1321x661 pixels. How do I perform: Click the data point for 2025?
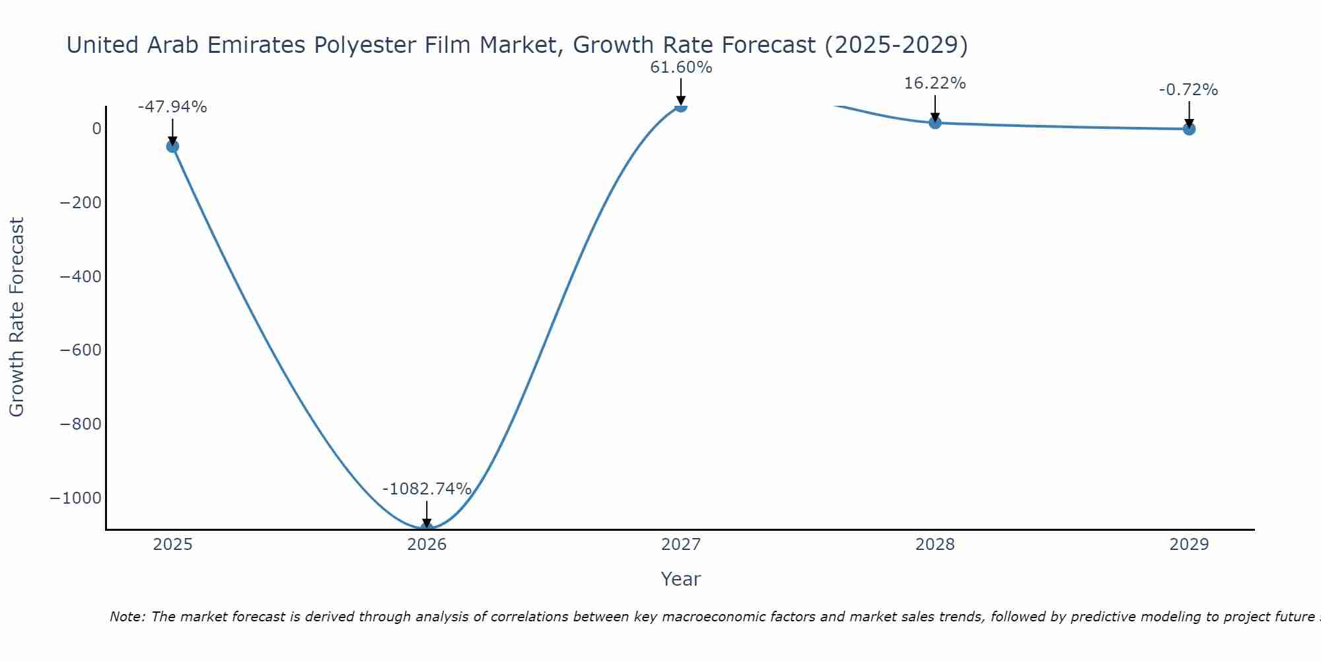172,146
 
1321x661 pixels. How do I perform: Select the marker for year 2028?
935,122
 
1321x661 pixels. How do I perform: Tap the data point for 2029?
1189,129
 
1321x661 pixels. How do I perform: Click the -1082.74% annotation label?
427,489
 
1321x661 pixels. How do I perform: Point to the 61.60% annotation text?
681,67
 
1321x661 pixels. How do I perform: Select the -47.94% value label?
172,107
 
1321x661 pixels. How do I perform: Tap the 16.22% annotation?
935,83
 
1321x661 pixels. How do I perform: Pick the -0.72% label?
1188,90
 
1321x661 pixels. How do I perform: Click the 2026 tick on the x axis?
427,545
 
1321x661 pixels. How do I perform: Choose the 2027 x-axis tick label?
681,545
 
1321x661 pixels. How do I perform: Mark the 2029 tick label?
1189,545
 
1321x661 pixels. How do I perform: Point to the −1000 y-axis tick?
76,498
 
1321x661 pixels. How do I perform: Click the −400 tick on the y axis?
81,276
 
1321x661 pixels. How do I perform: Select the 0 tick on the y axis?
96,128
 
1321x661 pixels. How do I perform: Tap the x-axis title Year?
680,579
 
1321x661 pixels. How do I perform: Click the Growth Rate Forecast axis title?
17,317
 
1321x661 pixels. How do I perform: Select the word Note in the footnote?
126,617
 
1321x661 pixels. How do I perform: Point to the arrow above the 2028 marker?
935,107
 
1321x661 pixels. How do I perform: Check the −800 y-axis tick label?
81,424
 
